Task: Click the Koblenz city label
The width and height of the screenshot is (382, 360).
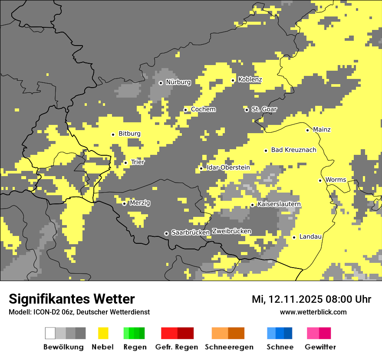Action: tap(250, 80)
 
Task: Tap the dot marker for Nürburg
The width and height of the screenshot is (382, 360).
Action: tap(161, 83)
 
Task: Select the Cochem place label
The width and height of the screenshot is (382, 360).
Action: tap(203, 109)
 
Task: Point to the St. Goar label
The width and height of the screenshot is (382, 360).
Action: tap(264, 109)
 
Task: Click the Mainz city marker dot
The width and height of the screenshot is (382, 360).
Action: tap(307, 130)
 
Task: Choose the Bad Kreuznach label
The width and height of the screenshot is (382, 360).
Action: tap(293, 150)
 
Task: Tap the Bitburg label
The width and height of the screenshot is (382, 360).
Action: tap(129, 134)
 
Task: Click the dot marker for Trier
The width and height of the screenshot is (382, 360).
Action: tap(125, 163)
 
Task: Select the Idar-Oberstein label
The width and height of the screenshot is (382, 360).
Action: tap(228, 168)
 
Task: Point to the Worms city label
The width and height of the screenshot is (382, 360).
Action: tap(336, 180)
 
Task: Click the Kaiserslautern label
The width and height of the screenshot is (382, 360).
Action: tap(279, 204)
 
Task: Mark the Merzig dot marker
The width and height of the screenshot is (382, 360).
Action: tap(124, 203)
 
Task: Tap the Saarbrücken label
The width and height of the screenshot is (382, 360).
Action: tap(191, 233)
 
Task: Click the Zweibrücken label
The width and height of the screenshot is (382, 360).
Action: tap(231, 231)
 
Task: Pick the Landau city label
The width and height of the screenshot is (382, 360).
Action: tap(310, 237)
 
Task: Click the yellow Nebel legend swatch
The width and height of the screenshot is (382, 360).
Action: tap(103, 333)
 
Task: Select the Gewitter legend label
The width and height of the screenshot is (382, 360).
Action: tap(320, 347)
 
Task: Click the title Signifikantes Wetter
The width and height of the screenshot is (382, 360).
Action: tap(72, 299)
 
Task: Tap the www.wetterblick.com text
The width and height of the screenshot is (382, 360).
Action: tap(313, 312)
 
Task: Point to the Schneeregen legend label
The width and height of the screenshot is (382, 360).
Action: tap(229, 347)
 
